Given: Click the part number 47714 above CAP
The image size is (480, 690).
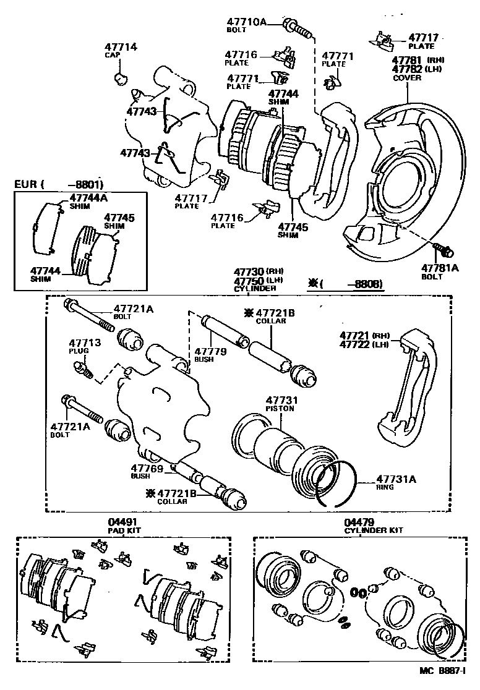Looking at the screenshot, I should (x=121, y=47).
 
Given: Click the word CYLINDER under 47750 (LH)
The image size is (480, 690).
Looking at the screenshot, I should (x=254, y=289).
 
